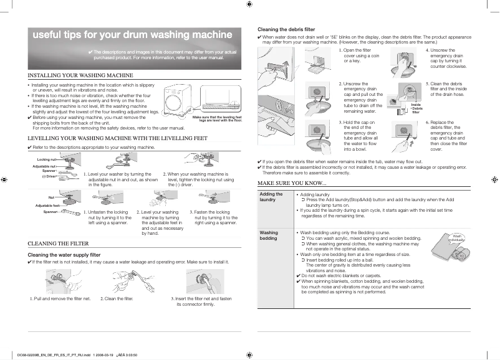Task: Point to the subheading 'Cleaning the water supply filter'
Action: [x=65, y=255]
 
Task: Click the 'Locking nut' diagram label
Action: [x=47, y=160]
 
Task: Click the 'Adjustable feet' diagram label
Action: [x=47, y=205]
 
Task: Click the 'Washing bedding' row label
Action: [x=269, y=235]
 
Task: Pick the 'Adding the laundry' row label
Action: [x=267, y=197]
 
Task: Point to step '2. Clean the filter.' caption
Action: [x=117, y=299]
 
